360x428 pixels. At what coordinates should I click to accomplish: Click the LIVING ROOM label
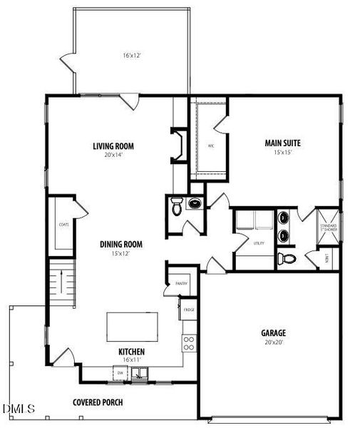point(113,147)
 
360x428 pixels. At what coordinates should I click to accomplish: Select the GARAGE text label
point(273,332)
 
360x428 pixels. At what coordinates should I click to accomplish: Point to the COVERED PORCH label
point(101,402)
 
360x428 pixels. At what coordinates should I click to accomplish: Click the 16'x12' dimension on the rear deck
point(131,54)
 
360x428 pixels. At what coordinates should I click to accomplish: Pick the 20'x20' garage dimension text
point(273,342)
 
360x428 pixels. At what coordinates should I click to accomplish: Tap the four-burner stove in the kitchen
point(189,344)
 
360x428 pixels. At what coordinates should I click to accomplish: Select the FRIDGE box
point(188,310)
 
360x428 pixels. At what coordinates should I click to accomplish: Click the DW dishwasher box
point(120,372)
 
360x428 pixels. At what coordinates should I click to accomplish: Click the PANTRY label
point(180,283)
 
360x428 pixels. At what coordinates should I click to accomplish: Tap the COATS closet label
point(63,224)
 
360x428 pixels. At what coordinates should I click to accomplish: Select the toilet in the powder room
point(176,209)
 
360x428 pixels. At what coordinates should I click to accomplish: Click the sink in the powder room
point(194,204)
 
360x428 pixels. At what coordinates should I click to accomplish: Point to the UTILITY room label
point(259,243)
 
